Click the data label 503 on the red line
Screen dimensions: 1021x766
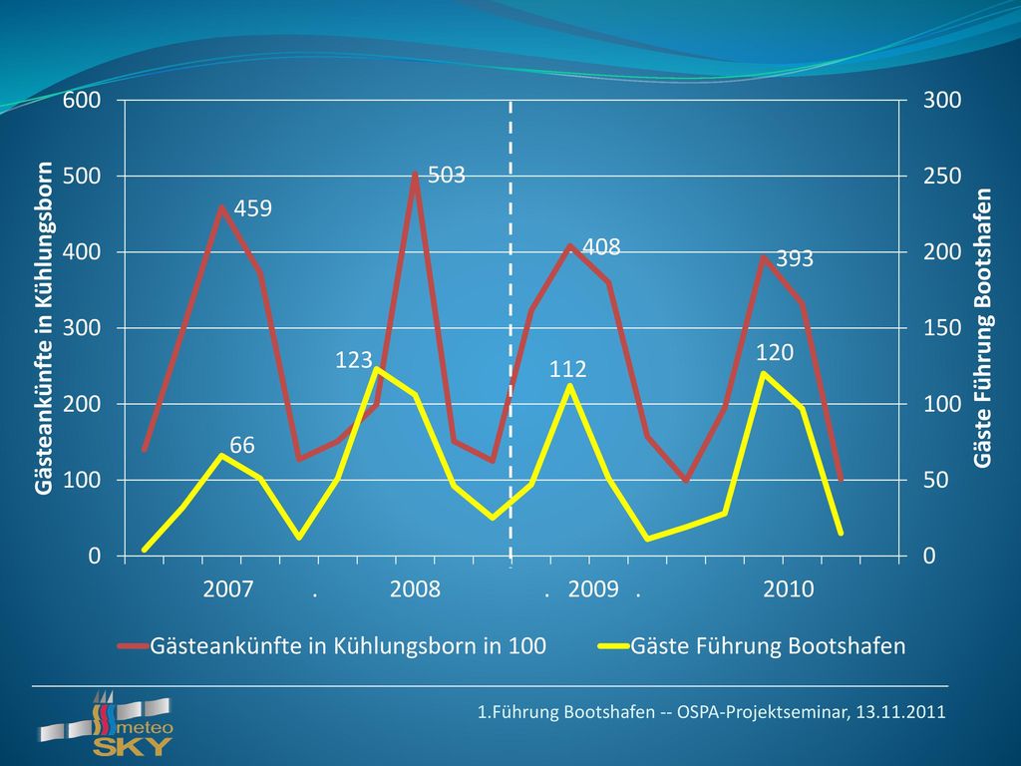pyautogui.click(x=447, y=175)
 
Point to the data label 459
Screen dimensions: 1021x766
pyautogui.click(x=252, y=208)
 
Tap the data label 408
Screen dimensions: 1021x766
pyautogui.click(x=601, y=247)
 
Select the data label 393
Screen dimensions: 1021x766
pyautogui.click(x=795, y=258)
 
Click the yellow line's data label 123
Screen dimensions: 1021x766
pyautogui.click(x=354, y=359)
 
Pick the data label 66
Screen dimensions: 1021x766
pyautogui.click(x=242, y=445)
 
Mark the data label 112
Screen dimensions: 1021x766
pyautogui.click(x=567, y=369)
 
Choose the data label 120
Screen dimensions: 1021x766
pyautogui.click(x=775, y=352)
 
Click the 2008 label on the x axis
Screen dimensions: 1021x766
pyautogui.click(x=415, y=588)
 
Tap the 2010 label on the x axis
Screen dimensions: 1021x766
pyautogui.click(x=788, y=588)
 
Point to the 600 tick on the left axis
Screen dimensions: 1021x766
pyautogui.click(x=82, y=100)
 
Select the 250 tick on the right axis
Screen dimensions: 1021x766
pyautogui.click(x=942, y=176)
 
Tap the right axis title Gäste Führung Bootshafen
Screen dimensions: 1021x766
pyautogui.click(x=982, y=327)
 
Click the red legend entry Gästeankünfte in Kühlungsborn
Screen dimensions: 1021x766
pyautogui.click(x=332, y=645)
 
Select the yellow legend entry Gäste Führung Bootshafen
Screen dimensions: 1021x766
pyautogui.click(x=752, y=645)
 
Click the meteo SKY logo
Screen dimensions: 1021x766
pyautogui.click(x=106, y=724)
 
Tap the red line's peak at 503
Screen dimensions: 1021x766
pyautogui.click(x=415, y=174)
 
